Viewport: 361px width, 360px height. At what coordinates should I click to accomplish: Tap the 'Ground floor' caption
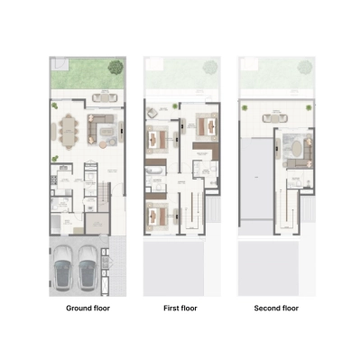[x=88, y=309]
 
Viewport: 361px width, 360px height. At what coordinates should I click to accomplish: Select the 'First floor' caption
[x=180, y=309]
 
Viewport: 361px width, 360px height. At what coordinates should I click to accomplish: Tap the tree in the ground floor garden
[x=115, y=67]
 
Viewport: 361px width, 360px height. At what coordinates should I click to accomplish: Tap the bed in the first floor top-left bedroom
[x=160, y=139]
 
